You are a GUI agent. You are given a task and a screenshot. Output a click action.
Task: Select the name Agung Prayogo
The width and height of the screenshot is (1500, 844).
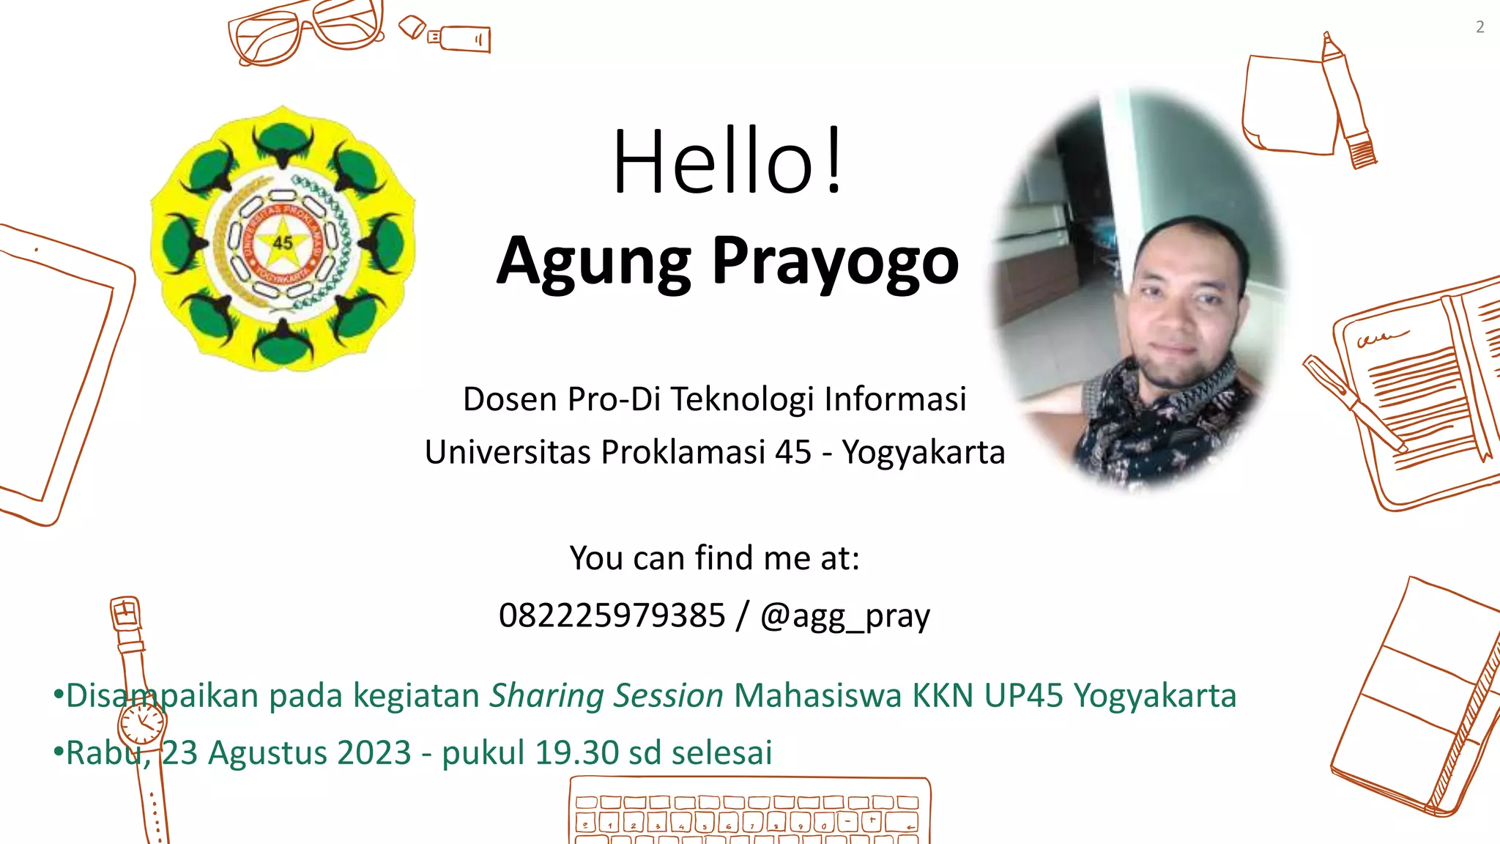coord(727,262)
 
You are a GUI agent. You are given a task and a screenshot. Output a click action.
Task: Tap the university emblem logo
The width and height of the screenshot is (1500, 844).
coord(283,239)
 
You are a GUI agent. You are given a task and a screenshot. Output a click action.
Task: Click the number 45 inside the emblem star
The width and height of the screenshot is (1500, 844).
coord(283,243)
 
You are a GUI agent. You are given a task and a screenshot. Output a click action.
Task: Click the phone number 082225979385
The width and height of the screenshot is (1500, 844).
coord(612,615)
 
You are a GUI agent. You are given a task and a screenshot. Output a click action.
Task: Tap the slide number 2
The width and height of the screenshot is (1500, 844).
coord(1479,27)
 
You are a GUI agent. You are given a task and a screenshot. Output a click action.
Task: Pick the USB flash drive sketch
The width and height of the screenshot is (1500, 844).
coord(459,38)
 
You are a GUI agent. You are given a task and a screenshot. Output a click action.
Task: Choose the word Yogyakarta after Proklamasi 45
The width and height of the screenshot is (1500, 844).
coord(923,452)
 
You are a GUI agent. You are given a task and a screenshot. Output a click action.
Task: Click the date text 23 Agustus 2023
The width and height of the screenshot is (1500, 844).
coord(286,753)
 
